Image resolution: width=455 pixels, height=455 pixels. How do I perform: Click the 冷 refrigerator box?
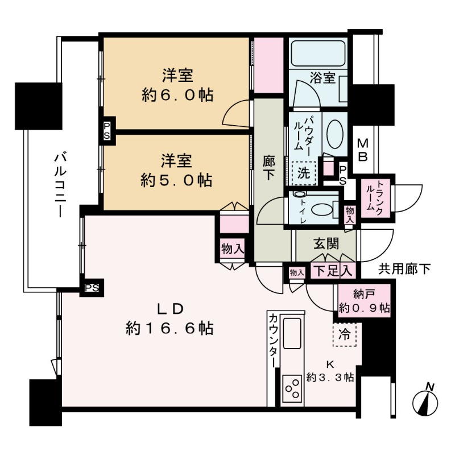(x=345, y=334)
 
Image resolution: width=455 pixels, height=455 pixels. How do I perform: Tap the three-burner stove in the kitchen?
(x=293, y=390)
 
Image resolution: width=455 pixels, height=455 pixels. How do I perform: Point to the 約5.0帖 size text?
(x=177, y=180)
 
